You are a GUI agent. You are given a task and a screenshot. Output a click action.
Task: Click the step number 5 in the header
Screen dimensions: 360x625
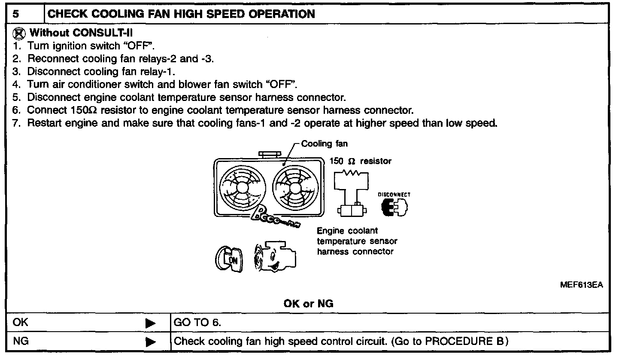pos(15,14)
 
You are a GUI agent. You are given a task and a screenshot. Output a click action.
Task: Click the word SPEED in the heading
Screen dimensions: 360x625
pos(228,14)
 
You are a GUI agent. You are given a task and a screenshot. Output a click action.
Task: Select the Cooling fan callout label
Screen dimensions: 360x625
pos(325,144)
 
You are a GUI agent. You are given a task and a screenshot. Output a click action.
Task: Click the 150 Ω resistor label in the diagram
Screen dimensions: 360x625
pos(361,161)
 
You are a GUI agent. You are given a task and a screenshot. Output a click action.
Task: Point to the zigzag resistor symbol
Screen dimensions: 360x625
pos(352,173)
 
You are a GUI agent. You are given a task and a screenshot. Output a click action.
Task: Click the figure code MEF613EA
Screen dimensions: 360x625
pos(582,285)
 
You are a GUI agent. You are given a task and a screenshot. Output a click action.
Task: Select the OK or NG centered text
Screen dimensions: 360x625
pos(309,304)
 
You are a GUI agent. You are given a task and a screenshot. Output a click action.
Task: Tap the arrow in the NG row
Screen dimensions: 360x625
pos(150,342)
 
